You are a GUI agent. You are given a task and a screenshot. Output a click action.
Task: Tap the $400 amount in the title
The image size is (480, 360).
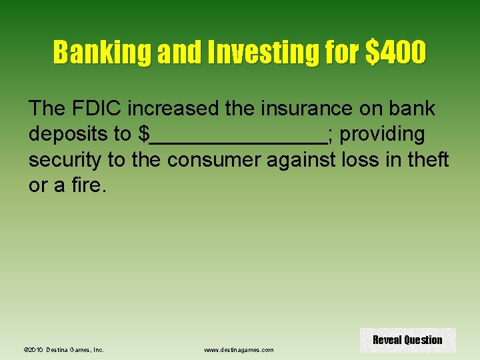click(x=395, y=53)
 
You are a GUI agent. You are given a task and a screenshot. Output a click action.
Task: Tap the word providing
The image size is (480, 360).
click(x=382, y=134)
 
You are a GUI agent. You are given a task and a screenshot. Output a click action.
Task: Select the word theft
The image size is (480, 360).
click(x=429, y=160)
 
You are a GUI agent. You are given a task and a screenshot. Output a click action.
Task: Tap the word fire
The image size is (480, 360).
click(x=86, y=186)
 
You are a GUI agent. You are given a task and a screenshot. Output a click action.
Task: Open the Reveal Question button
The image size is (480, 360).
click(x=407, y=340)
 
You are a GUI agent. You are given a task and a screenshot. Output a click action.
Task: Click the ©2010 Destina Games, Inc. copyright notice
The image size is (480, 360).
click(x=63, y=349)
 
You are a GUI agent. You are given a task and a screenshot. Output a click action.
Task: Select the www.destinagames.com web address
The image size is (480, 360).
click(x=239, y=349)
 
